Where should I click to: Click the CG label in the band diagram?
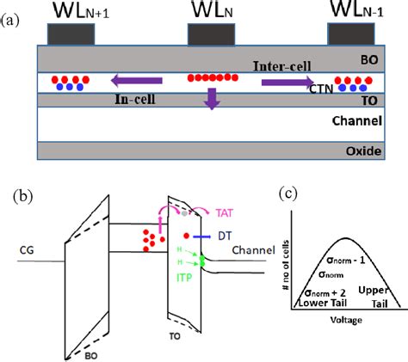click(26, 251)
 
